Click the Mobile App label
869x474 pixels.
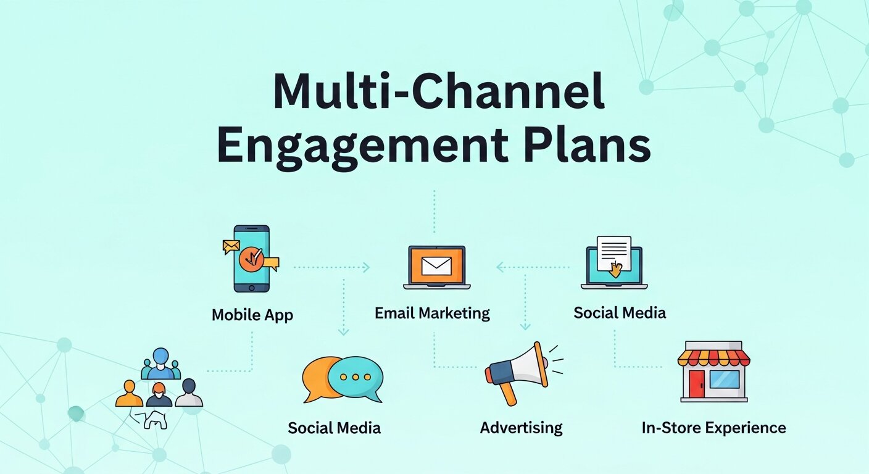(252, 315)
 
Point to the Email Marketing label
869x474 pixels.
(432, 313)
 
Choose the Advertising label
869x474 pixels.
(521, 427)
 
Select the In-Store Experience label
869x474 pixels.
(713, 427)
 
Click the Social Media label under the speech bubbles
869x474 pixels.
(334, 428)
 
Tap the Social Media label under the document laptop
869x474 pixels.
(620, 312)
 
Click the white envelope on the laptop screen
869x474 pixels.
(436, 265)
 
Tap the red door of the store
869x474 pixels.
(696, 383)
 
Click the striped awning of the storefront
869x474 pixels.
(713, 357)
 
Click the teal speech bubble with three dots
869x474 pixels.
(355, 378)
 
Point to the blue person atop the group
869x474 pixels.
(160, 361)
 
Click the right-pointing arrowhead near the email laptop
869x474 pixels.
(366, 267)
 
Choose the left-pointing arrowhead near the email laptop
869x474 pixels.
(500, 267)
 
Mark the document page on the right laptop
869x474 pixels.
(613, 252)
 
